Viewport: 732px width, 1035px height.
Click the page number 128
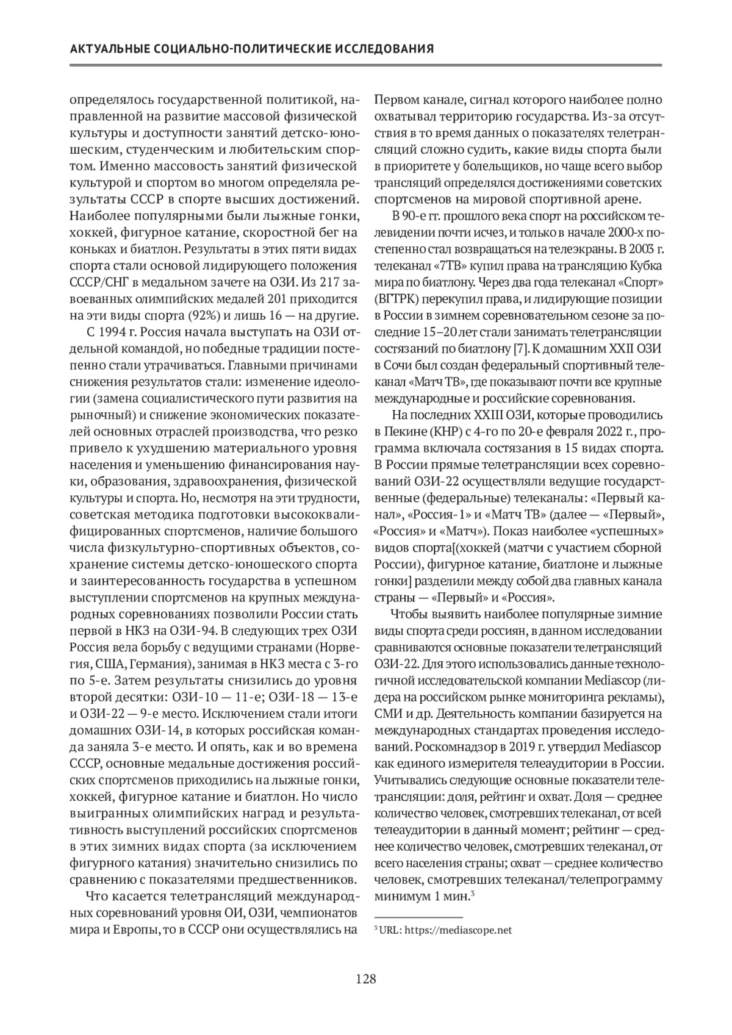click(x=366, y=979)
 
